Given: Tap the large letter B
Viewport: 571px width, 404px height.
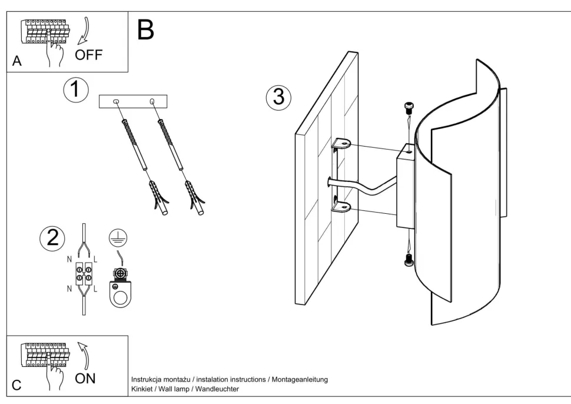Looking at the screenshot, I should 145,29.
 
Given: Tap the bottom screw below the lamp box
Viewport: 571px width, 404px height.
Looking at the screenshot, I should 409,260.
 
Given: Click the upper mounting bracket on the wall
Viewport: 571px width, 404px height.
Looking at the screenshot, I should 341,143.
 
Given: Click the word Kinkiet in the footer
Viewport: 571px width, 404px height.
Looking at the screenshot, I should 141,389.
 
